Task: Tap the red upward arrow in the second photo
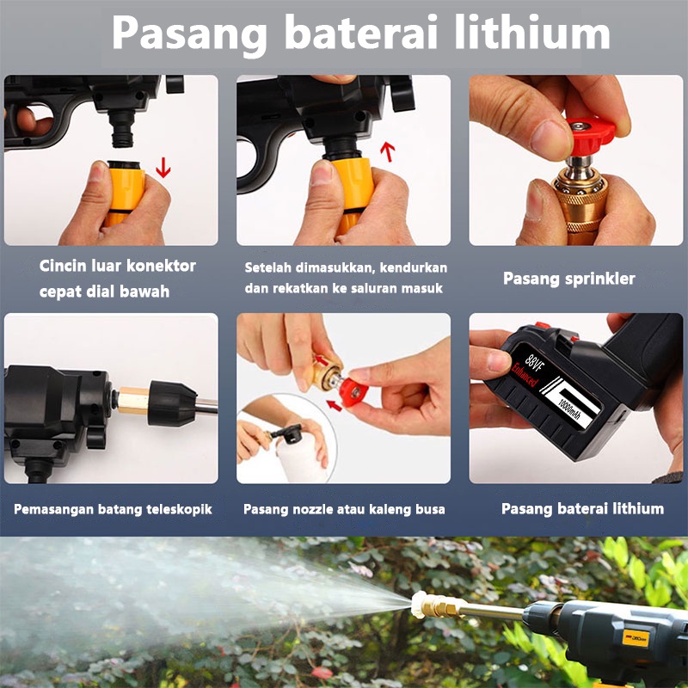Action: (x=387, y=152)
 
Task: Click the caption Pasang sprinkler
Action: (x=568, y=279)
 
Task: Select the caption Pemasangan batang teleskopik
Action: (x=113, y=509)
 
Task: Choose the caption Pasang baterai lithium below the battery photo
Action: (x=582, y=508)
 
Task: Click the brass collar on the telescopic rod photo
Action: (x=132, y=401)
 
